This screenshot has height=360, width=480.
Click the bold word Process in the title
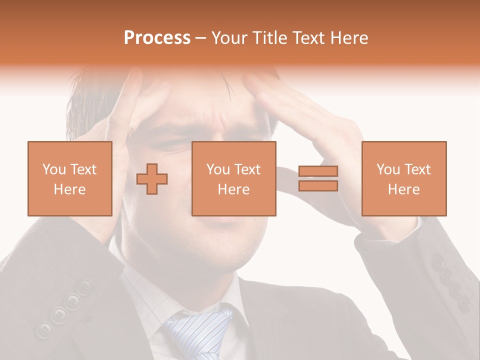click(x=157, y=38)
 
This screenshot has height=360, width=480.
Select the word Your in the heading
click(x=228, y=38)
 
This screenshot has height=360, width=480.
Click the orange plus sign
click(x=152, y=179)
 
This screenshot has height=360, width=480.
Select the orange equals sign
click(x=318, y=178)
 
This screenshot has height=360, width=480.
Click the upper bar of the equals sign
click(x=318, y=171)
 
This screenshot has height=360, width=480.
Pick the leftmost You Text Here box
click(x=70, y=178)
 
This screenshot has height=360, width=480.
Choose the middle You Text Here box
click(x=234, y=178)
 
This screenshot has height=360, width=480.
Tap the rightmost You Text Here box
click(x=404, y=178)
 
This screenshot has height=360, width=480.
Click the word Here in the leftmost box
click(x=70, y=189)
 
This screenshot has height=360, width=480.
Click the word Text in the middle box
click(x=248, y=169)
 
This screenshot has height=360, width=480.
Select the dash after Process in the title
click(x=201, y=38)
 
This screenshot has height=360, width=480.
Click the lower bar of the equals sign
click(x=318, y=185)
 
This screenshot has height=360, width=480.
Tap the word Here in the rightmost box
click(x=404, y=189)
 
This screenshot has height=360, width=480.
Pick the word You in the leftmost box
click(x=54, y=169)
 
